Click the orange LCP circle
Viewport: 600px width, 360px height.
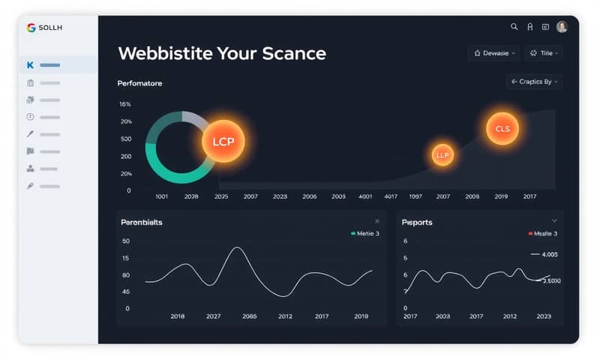(x=223, y=141)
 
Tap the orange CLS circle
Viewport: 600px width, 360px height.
(x=502, y=129)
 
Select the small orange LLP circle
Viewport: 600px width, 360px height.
(x=442, y=154)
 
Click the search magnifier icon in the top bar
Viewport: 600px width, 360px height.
(x=514, y=27)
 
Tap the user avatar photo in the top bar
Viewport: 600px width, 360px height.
(x=562, y=27)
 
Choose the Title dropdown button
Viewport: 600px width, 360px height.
(x=544, y=53)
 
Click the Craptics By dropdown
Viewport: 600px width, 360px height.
(x=535, y=82)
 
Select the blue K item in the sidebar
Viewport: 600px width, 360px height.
(x=30, y=66)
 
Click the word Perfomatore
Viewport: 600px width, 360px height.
(x=139, y=83)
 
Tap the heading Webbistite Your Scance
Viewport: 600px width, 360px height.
(x=222, y=54)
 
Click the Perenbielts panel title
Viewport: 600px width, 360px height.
(x=142, y=223)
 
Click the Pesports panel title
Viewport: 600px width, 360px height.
(x=417, y=223)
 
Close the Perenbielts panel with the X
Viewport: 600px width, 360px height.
(x=377, y=221)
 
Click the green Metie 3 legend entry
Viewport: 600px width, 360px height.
(x=365, y=234)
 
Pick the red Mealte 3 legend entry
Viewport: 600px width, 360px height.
(x=543, y=234)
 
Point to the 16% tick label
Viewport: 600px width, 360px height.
(x=125, y=104)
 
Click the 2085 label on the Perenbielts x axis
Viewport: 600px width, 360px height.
(x=249, y=316)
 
